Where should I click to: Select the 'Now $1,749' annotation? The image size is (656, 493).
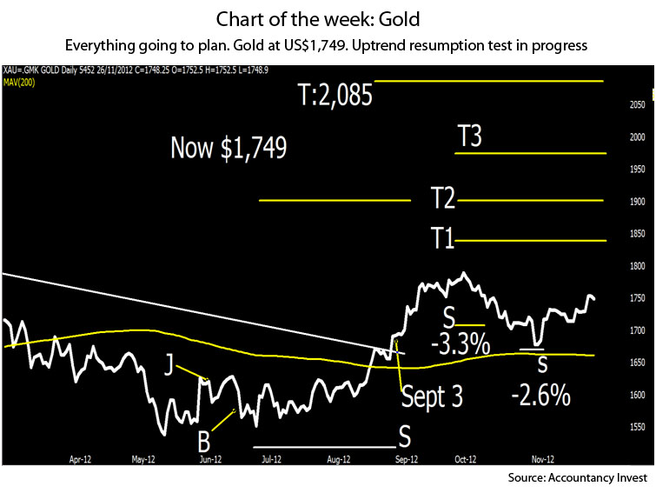pos(229,147)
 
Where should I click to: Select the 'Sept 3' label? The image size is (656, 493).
pos(431,396)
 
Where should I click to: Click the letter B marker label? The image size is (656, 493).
pos(202,434)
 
